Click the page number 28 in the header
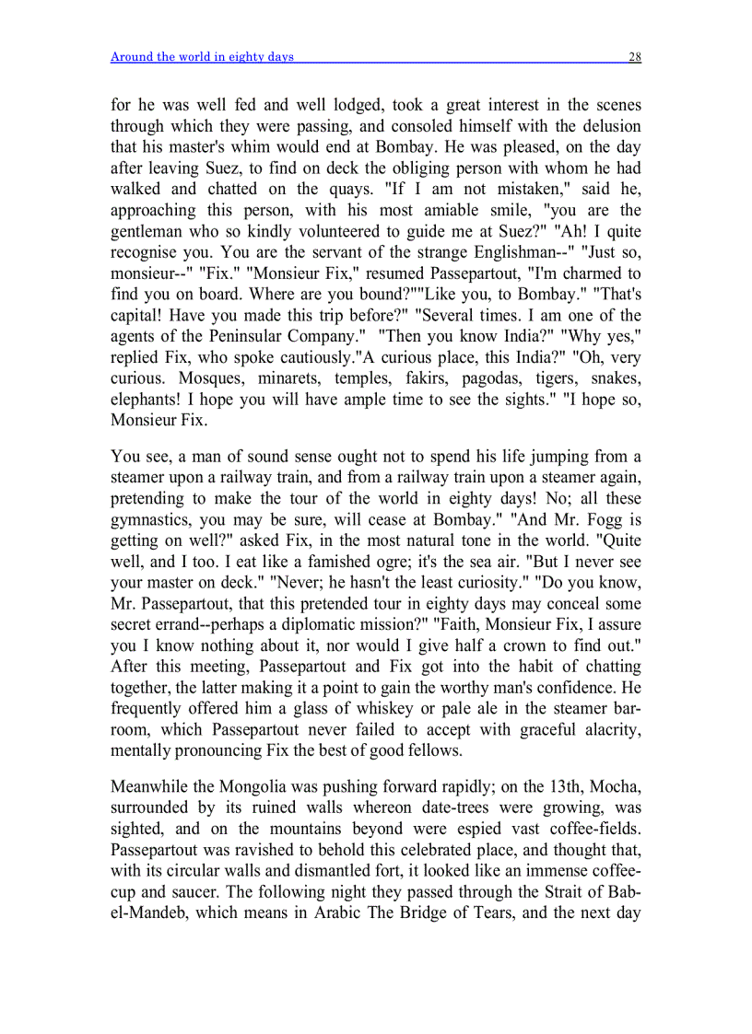[634, 57]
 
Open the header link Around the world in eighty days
[202, 57]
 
